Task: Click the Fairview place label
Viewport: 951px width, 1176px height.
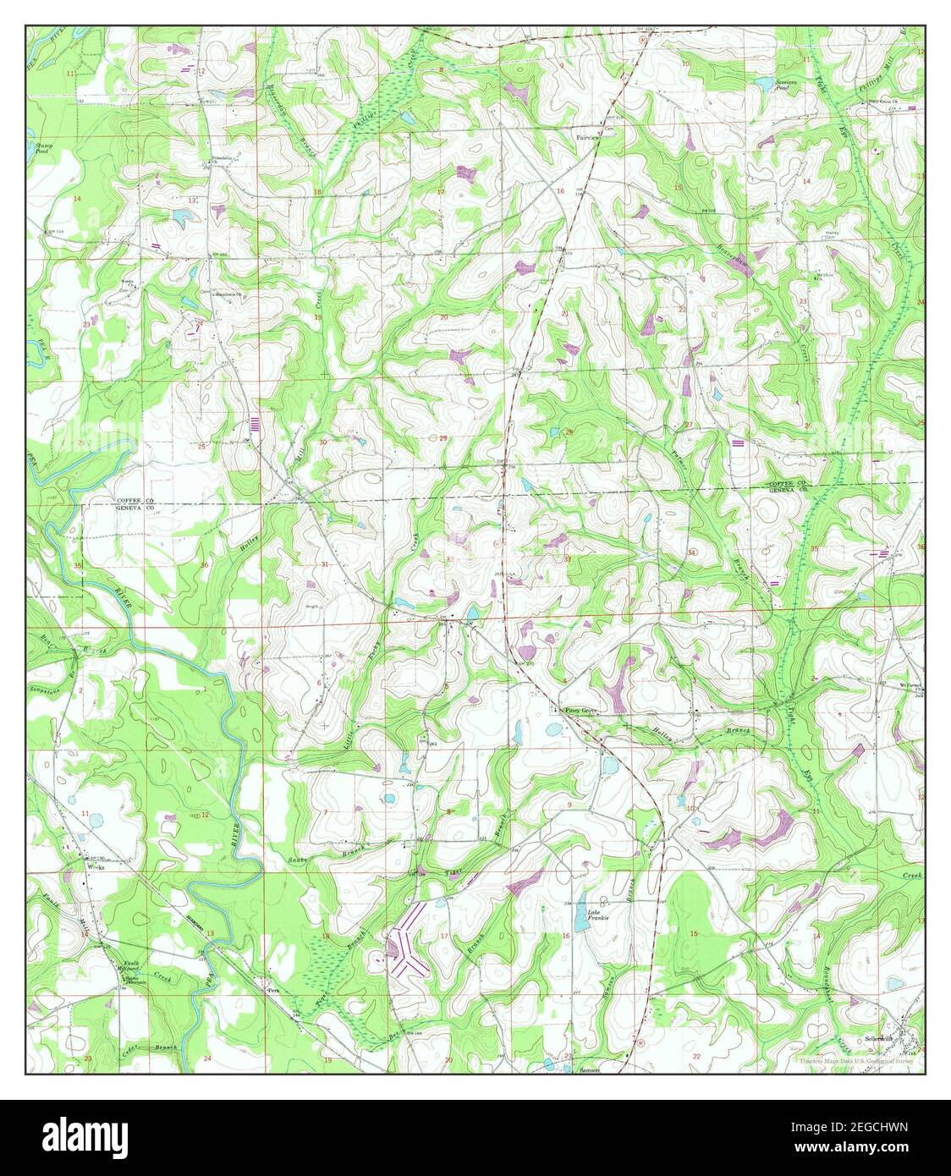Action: (587, 135)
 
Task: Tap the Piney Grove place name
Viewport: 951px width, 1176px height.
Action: (581, 710)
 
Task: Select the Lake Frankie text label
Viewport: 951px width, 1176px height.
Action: (599, 915)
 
